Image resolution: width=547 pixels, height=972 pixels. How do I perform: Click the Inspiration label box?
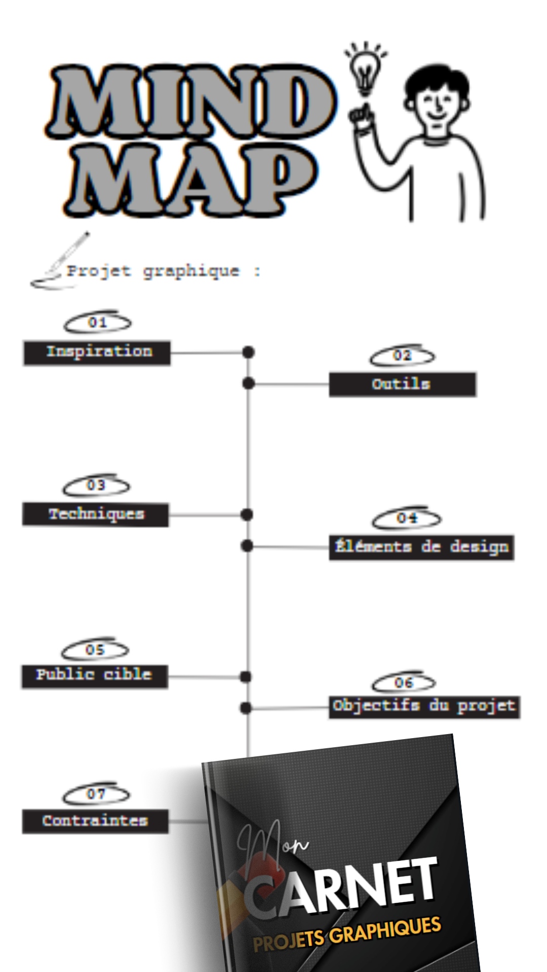pos(97,353)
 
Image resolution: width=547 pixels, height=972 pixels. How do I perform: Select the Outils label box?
pos(403,385)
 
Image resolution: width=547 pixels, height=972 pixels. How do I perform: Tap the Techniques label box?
pos(96,515)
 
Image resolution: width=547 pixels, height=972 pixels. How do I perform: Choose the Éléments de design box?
pos(421,547)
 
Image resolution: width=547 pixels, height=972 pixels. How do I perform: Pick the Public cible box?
pos(95,676)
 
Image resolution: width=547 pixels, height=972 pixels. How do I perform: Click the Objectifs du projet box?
pos(424,707)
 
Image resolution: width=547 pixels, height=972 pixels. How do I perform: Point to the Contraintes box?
pos(95,821)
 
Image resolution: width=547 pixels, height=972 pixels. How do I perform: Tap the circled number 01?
pos(97,322)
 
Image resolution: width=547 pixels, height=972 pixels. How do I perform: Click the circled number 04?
pos(407,518)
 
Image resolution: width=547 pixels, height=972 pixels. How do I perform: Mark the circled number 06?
pos(404,682)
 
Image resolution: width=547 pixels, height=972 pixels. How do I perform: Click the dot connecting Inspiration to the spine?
pos(248,352)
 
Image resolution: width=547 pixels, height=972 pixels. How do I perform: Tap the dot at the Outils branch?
pos(248,384)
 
